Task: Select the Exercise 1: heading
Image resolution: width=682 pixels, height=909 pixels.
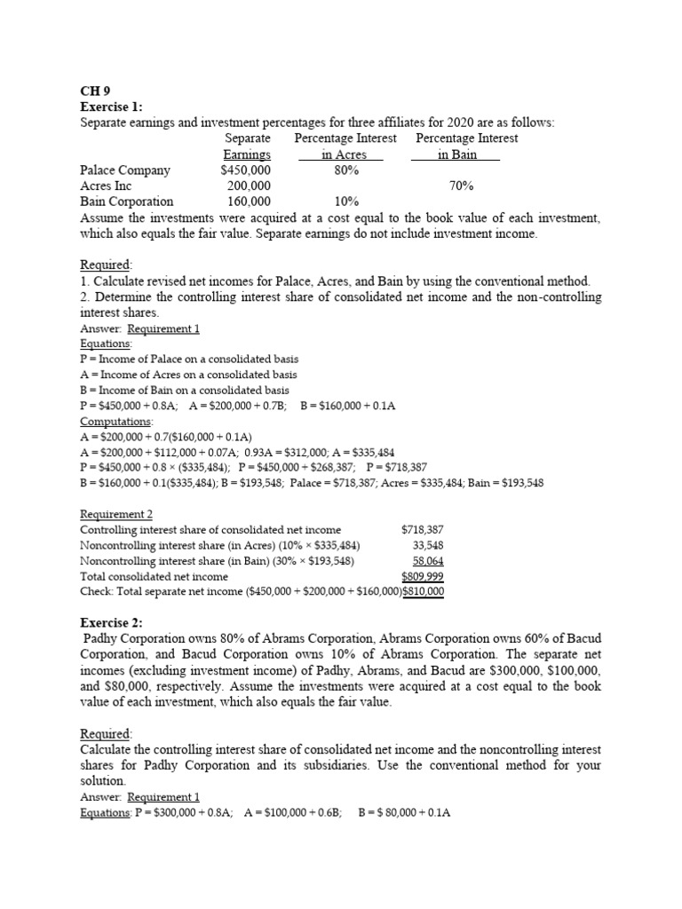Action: pyautogui.click(x=111, y=107)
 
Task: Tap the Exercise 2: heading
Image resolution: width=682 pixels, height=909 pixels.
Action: pyautogui.click(x=111, y=623)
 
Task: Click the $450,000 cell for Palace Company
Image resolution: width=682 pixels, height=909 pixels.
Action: pyautogui.click(x=246, y=170)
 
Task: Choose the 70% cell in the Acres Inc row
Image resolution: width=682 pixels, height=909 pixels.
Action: pyautogui.click(x=461, y=186)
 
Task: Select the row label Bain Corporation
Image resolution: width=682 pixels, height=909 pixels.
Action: pyautogui.click(x=127, y=202)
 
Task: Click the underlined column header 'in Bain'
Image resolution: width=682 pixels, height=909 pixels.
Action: pyautogui.click(x=456, y=154)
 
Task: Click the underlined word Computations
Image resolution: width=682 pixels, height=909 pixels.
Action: pyautogui.click(x=116, y=421)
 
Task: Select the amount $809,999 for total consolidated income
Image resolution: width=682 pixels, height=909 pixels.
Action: pyautogui.click(x=423, y=576)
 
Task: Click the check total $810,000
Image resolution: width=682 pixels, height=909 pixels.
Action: pyautogui.click(x=424, y=591)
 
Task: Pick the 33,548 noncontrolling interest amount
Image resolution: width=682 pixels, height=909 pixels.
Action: pyautogui.click(x=428, y=545)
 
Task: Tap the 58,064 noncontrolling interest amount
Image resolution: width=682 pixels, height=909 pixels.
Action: pyautogui.click(x=428, y=561)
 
